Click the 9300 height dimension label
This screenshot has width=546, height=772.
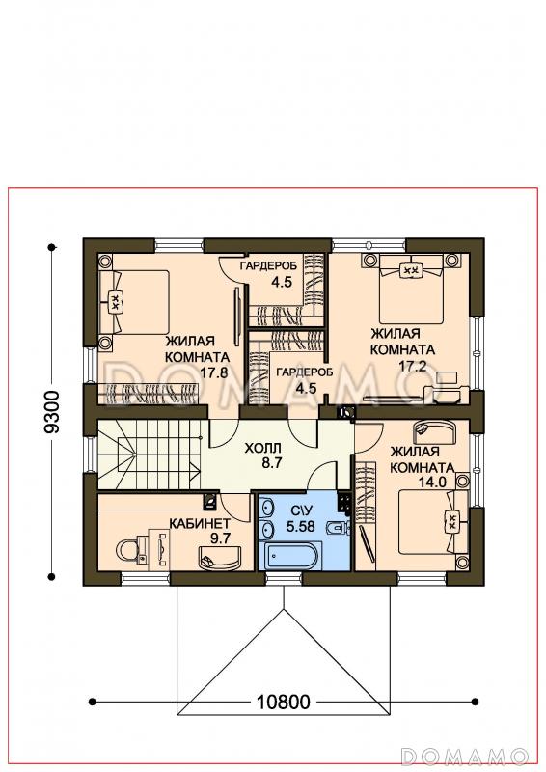pos(52,412)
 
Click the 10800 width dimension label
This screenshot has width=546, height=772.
pos(284,702)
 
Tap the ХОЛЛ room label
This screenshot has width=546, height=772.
pos(263,448)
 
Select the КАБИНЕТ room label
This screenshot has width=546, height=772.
pos(200,522)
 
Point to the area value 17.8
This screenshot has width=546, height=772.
pos(214,372)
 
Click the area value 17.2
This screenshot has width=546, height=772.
pos(412,366)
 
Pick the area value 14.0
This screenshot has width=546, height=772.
pos(432,482)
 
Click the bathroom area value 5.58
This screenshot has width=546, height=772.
pos(300,526)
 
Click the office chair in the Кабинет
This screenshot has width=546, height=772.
pos(128,550)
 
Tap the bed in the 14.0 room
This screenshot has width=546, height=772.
pos(433,521)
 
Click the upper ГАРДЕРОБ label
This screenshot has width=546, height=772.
pos(268,266)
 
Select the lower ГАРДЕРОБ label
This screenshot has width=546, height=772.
pos(304,372)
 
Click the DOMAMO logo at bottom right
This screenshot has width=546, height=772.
pos(465,756)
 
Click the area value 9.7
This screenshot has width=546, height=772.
pos(220,538)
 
